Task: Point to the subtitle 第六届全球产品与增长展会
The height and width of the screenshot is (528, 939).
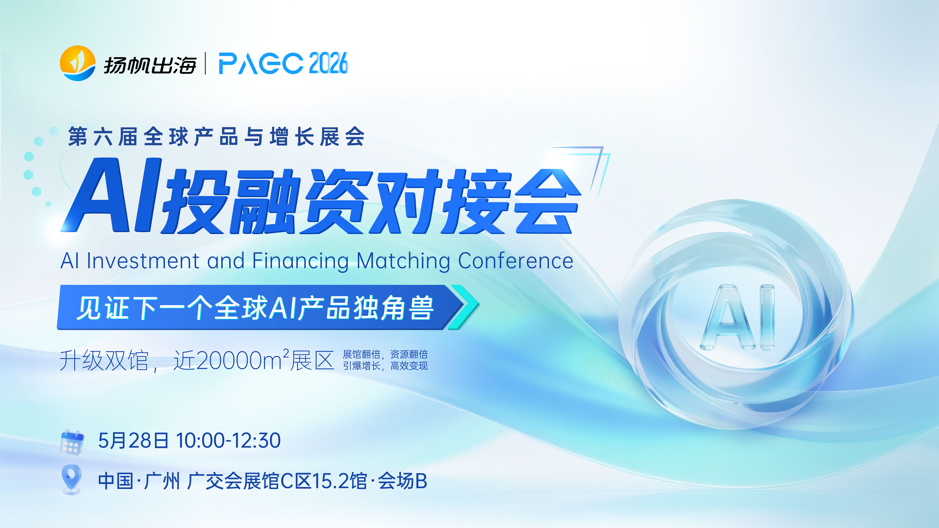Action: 216,137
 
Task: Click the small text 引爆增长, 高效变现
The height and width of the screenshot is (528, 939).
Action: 385,365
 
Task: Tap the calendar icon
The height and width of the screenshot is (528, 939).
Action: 72,442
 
